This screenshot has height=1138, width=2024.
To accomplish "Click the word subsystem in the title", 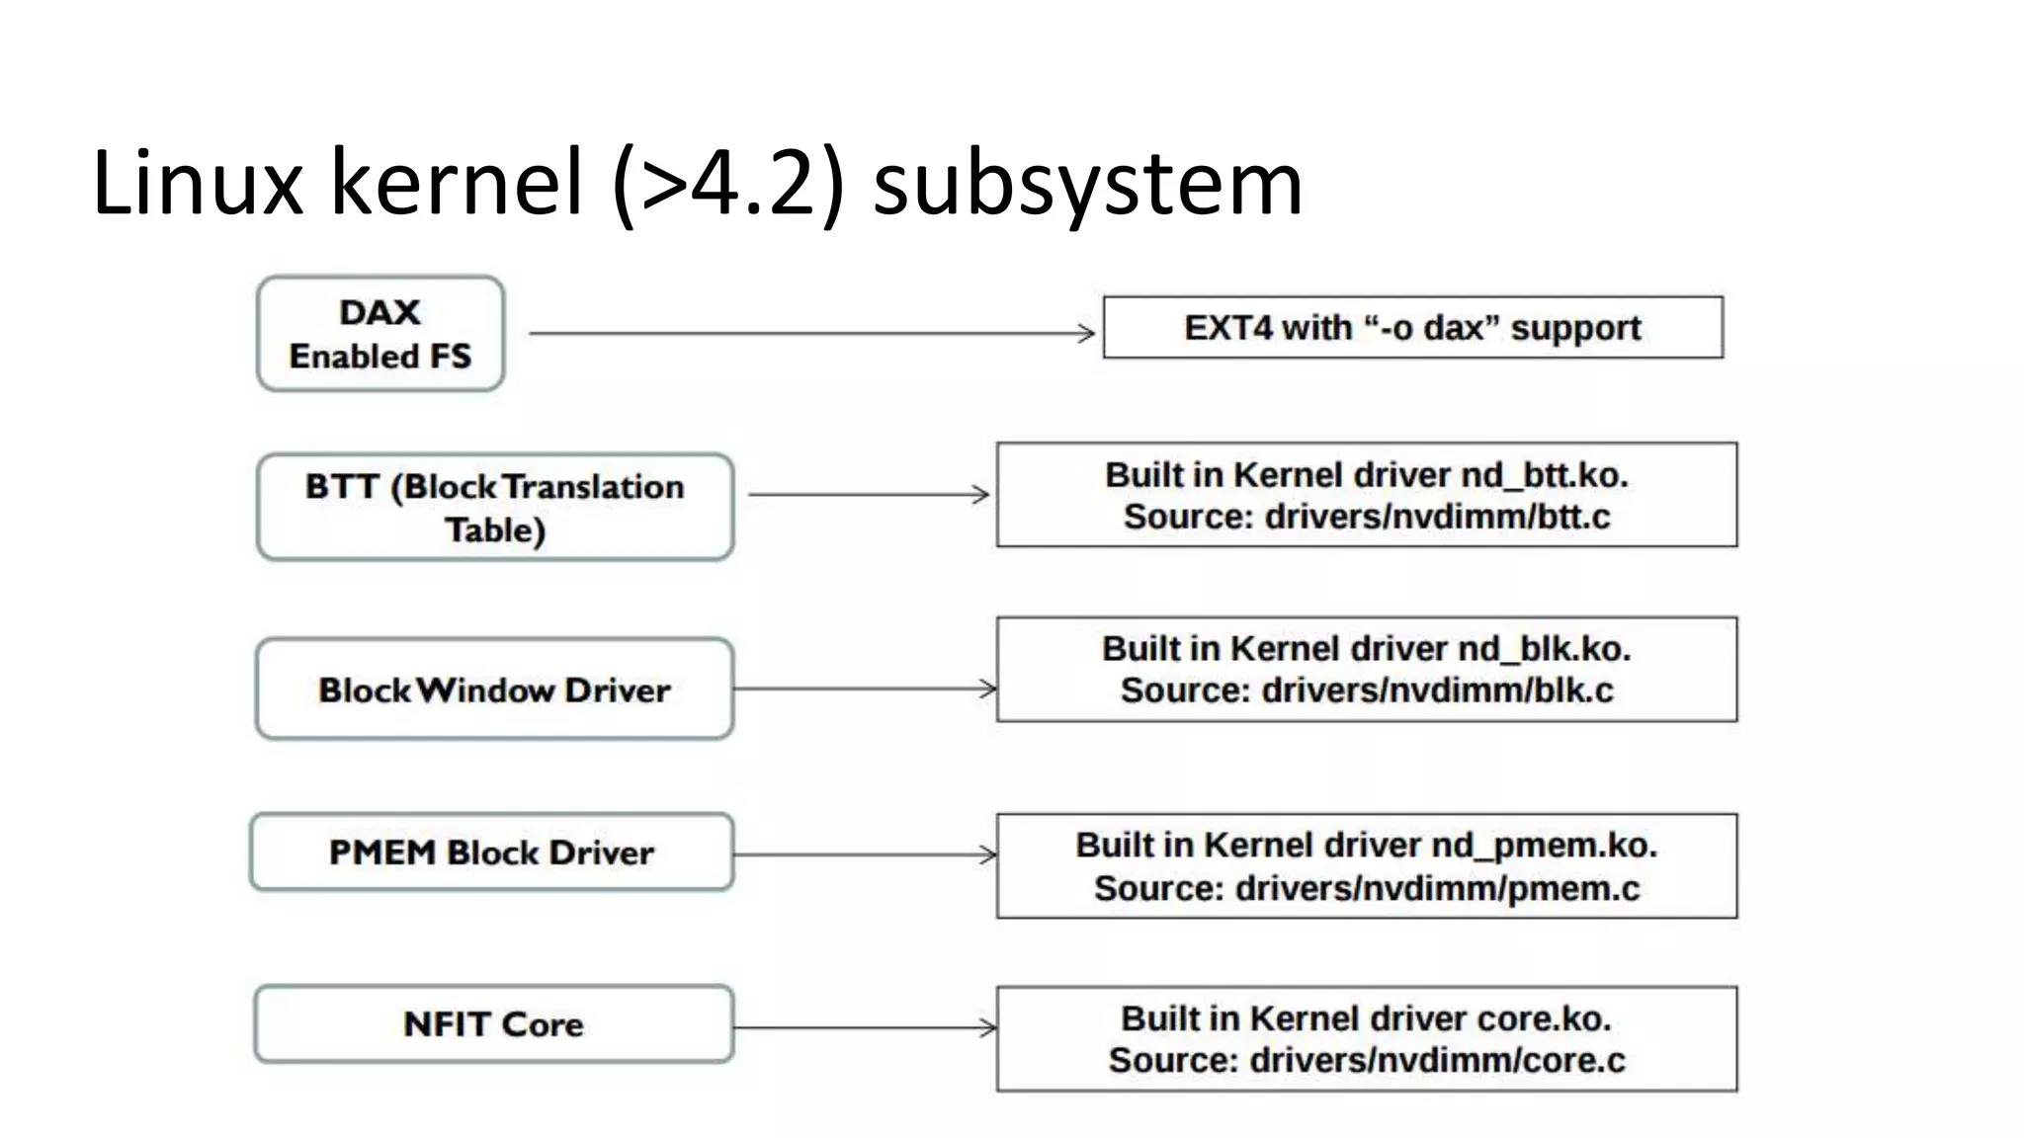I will point(1088,185).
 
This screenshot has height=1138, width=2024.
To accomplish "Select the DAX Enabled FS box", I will point(380,334).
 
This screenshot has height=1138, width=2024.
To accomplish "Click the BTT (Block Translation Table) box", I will point(494,508).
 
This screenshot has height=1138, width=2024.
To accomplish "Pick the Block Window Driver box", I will point(494,690).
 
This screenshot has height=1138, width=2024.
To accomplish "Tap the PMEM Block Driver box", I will point(491,853).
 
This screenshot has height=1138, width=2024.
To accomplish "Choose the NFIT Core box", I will point(493,1024).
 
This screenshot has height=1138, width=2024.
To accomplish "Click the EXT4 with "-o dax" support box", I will point(1412,328).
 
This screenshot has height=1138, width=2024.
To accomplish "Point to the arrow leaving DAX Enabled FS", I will point(810,334).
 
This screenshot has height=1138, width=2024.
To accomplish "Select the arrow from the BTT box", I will point(868,494).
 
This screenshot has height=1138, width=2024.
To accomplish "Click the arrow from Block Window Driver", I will point(865,689).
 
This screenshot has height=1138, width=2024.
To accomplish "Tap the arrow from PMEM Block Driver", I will point(865,854).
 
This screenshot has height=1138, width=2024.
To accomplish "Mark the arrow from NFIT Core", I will point(865,1028).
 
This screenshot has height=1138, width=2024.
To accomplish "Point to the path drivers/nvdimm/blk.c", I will point(1437,691).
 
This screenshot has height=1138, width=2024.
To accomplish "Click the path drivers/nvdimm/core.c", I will point(1437,1061).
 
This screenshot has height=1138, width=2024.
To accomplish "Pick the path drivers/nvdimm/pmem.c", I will point(1437,889).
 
